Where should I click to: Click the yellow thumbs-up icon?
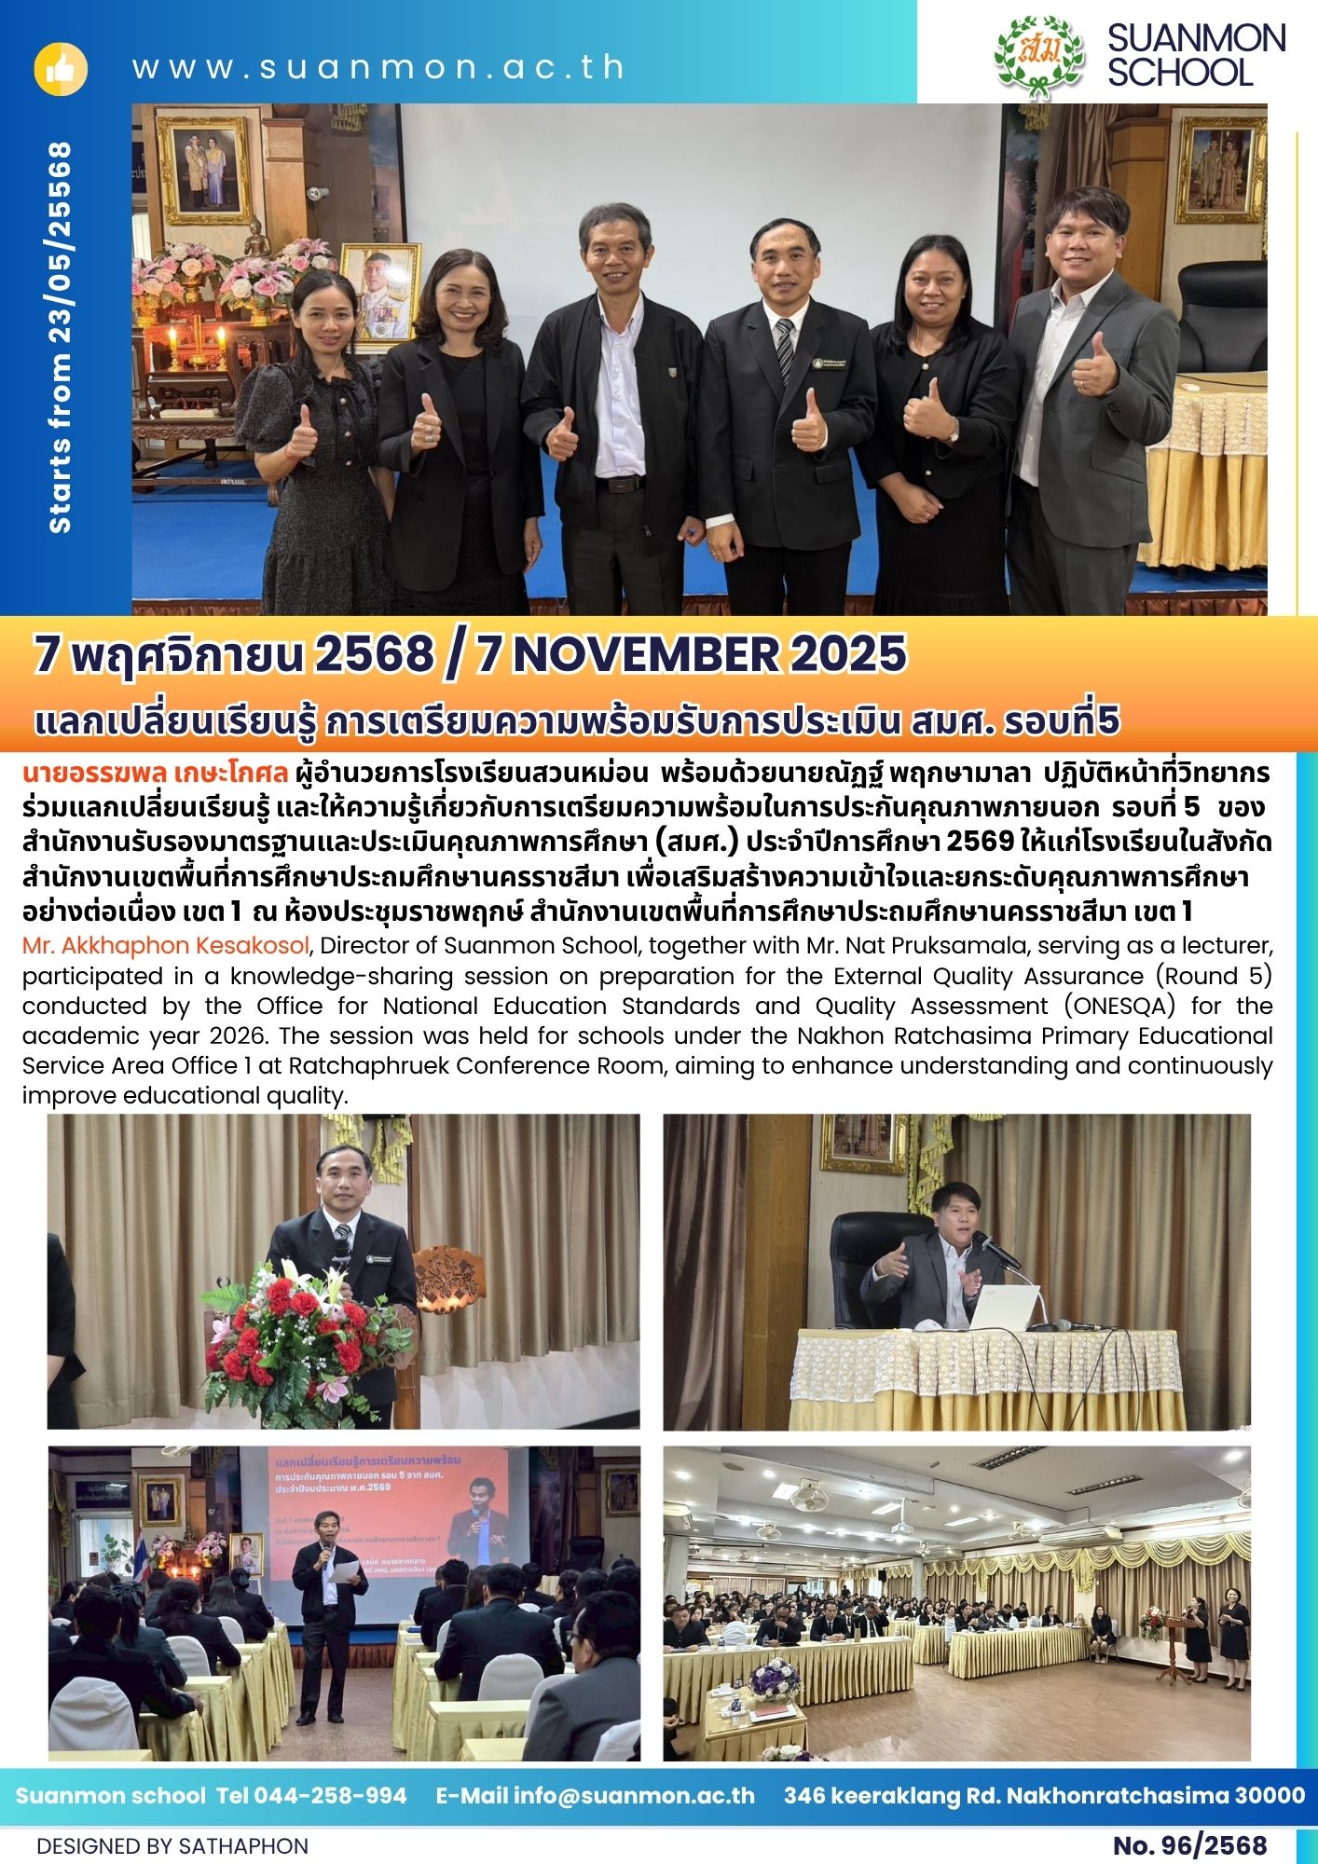click(61, 69)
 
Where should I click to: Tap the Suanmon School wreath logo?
click(1039, 53)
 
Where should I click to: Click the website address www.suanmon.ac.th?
click(378, 68)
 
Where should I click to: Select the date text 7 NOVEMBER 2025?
click(691, 654)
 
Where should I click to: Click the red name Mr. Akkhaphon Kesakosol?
click(165, 946)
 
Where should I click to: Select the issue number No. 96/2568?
click(1189, 1845)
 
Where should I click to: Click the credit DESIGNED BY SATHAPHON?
click(172, 1845)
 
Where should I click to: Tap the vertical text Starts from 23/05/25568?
click(60, 337)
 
